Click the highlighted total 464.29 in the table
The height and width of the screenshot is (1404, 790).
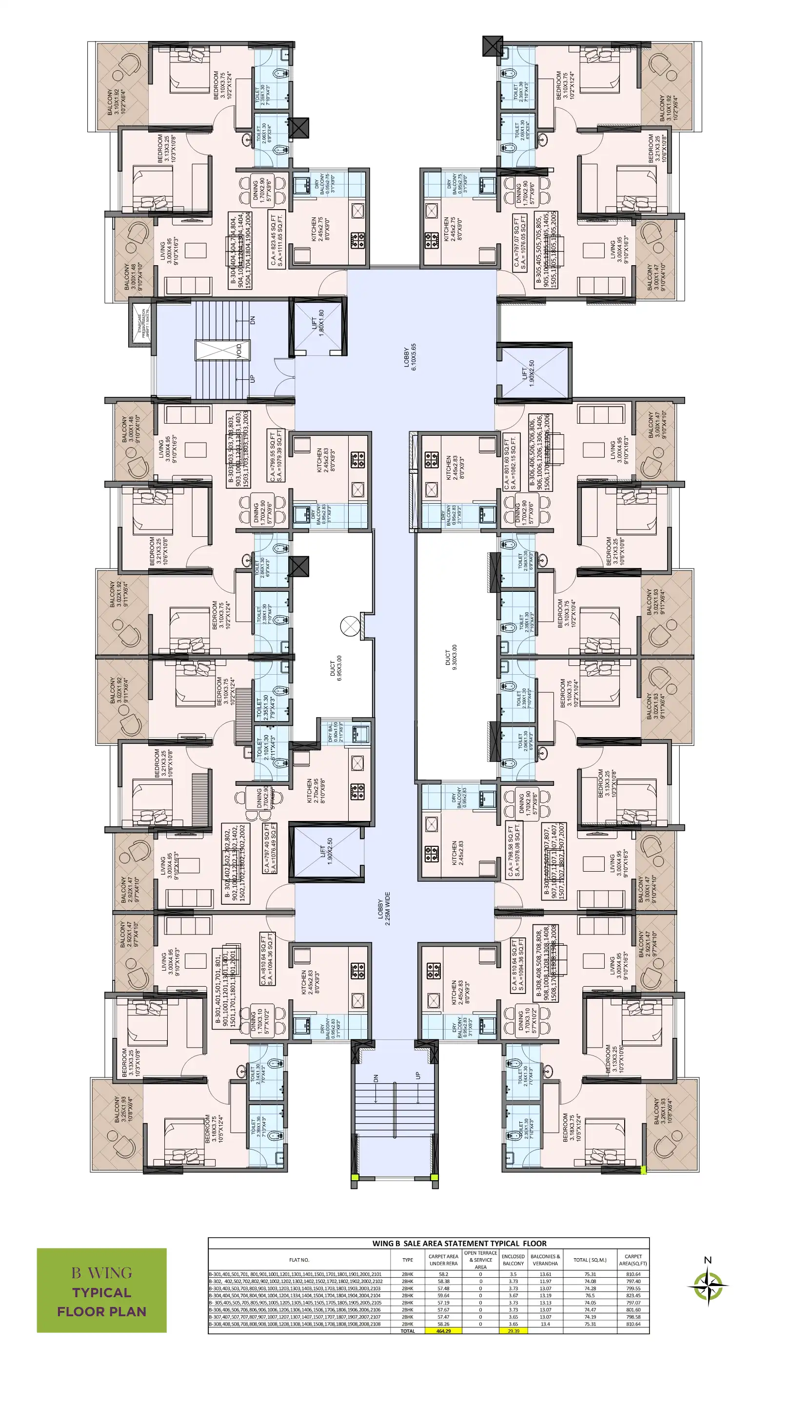coord(443,1330)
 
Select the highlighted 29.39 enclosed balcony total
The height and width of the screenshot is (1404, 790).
coord(513,1330)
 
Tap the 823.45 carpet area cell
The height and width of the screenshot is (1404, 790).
coord(633,1295)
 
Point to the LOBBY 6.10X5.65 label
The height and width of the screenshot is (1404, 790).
coord(410,357)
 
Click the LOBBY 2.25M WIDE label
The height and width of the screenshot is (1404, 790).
coord(384,909)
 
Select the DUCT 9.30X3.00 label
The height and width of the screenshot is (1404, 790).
coord(450,657)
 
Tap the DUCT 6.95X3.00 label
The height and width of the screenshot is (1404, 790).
coord(336,669)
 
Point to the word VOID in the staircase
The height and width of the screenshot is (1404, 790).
coord(239,350)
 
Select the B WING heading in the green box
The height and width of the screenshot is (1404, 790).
coord(101,1273)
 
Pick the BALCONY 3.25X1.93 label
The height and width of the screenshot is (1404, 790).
coord(119,1110)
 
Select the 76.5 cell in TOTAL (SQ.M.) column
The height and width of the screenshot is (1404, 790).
coord(590,1295)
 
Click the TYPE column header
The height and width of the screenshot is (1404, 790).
coord(407,1260)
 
